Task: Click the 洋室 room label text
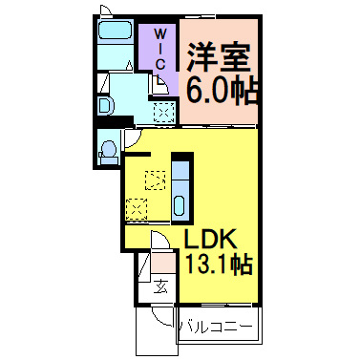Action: point(218,57)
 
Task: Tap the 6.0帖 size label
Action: point(222,91)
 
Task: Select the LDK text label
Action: point(211,240)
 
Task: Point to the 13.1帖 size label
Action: point(219,265)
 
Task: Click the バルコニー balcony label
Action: point(217,327)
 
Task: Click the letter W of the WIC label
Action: point(160,33)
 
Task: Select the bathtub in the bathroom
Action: point(116,30)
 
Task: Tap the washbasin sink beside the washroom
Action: point(105,105)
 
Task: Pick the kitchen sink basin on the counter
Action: point(179,205)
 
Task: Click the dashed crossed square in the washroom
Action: point(164,112)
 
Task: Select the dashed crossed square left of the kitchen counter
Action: point(137,209)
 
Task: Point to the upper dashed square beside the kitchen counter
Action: point(156,180)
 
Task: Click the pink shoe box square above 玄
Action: point(162,262)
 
